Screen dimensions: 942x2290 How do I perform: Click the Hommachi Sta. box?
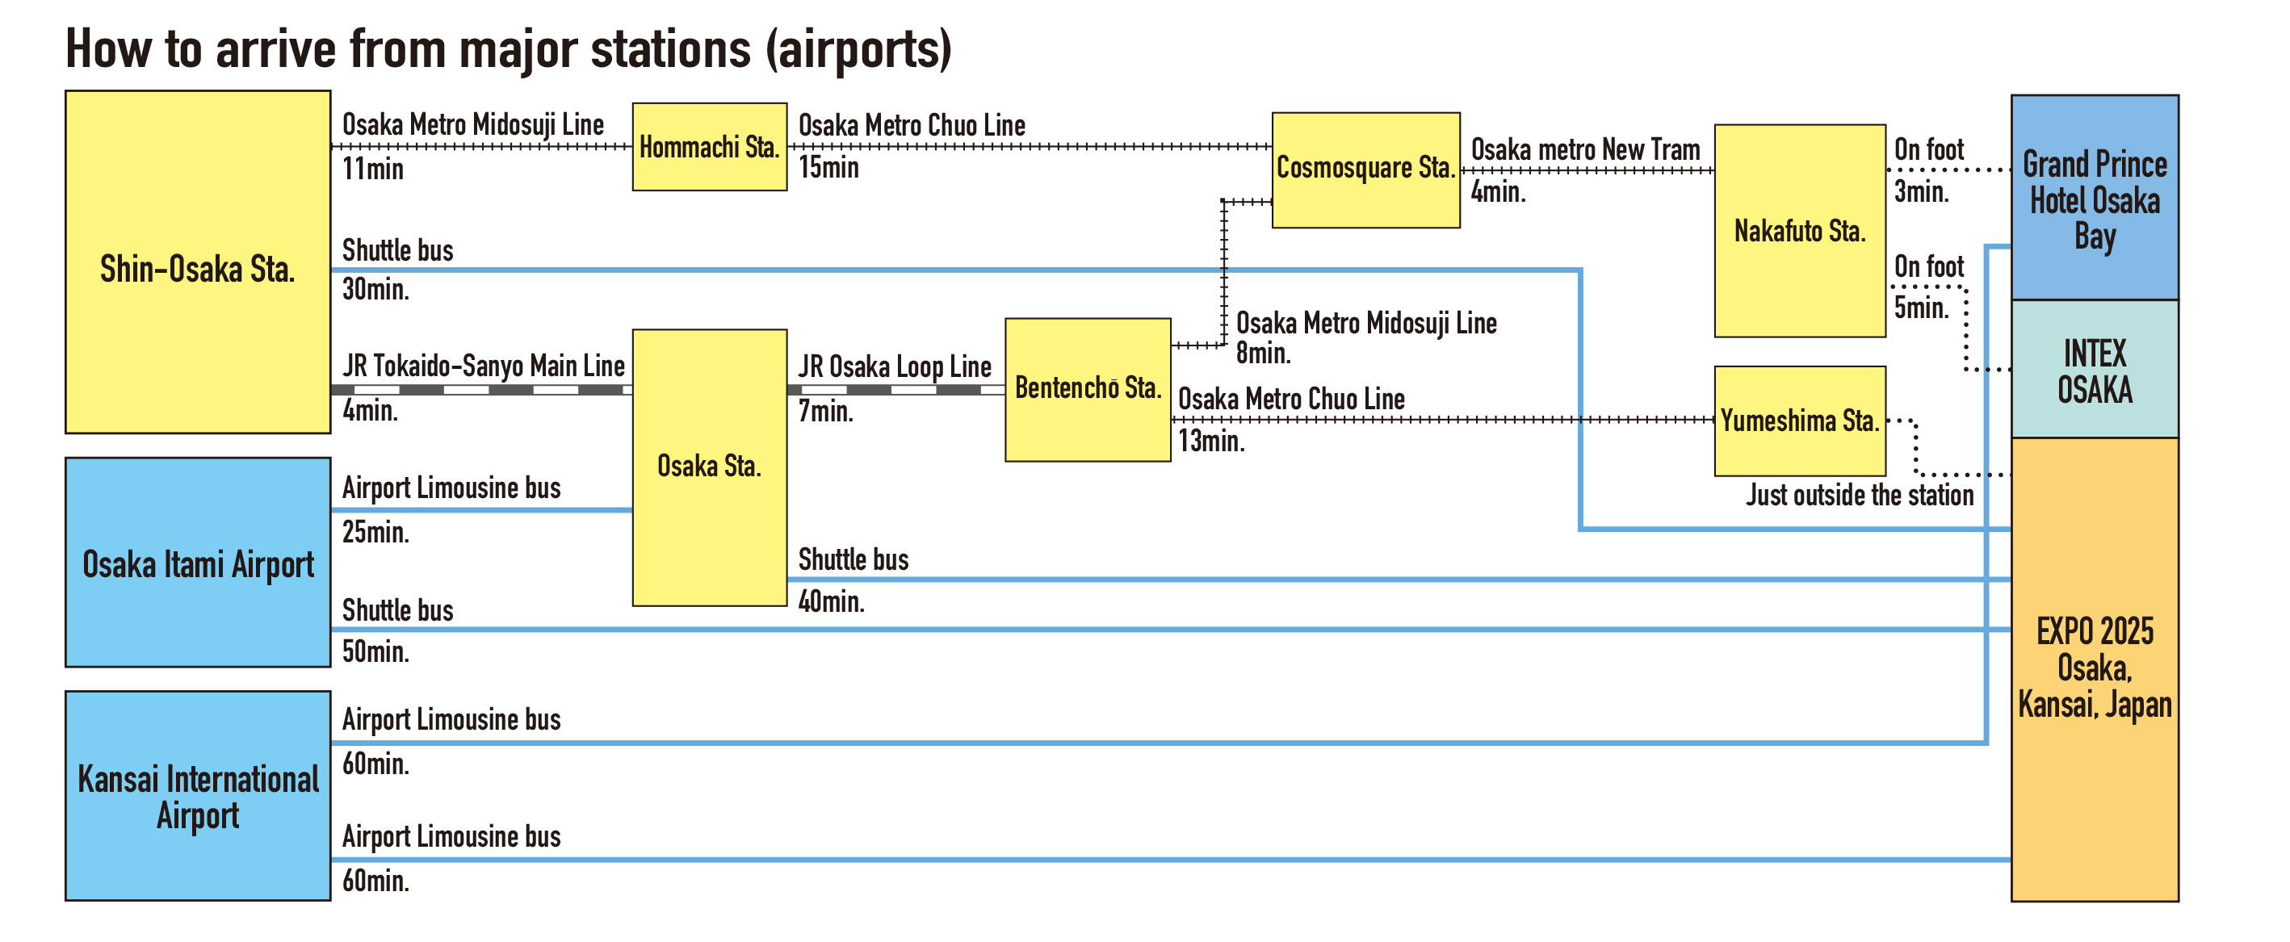(710, 147)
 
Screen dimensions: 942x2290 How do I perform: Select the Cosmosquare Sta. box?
(1365, 169)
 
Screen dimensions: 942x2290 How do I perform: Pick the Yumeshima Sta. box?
(1799, 421)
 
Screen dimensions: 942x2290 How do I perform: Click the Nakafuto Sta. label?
(1799, 231)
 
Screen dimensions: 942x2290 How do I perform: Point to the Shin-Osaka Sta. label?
(196, 268)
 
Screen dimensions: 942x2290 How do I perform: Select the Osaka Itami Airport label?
(197, 564)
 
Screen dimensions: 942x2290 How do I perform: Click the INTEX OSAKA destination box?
(2094, 371)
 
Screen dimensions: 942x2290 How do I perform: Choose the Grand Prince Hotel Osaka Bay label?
(2094, 200)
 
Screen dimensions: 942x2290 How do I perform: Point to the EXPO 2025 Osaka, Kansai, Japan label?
(2094, 668)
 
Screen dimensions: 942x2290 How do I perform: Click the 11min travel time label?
(372, 169)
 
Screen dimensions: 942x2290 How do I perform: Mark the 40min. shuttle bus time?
(830, 601)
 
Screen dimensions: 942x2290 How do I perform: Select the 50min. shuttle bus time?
(375, 651)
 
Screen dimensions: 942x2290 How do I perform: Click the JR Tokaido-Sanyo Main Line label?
(483, 365)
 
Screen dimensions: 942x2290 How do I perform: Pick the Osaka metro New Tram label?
(1585, 149)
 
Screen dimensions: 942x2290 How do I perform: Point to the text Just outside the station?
(1859, 495)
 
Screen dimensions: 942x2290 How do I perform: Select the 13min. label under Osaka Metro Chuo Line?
(1210, 441)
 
